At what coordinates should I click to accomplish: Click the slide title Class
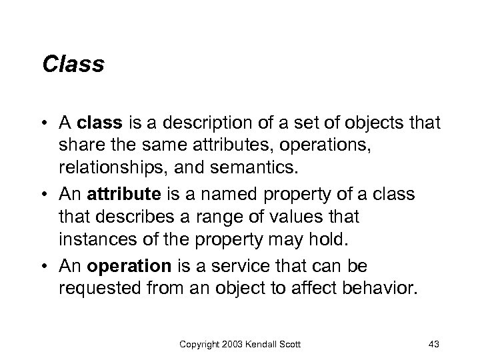pos(73,65)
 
